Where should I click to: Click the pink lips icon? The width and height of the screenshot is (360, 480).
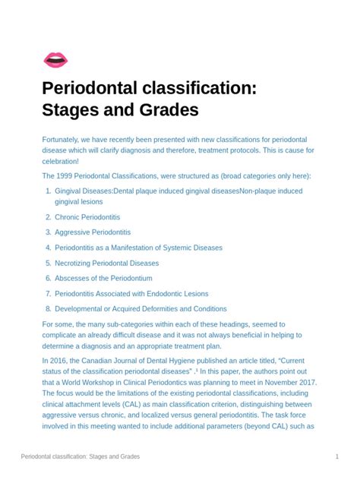point(55,58)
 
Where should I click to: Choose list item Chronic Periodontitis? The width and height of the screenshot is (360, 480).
point(87,216)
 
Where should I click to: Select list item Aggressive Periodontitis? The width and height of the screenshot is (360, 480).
point(93,232)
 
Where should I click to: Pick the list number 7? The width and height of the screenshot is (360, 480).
point(47,293)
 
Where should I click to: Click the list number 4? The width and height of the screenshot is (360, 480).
point(47,248)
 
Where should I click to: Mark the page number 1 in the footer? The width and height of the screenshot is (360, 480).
point(336,457)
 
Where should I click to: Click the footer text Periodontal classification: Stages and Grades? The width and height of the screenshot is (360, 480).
point(80,457)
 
